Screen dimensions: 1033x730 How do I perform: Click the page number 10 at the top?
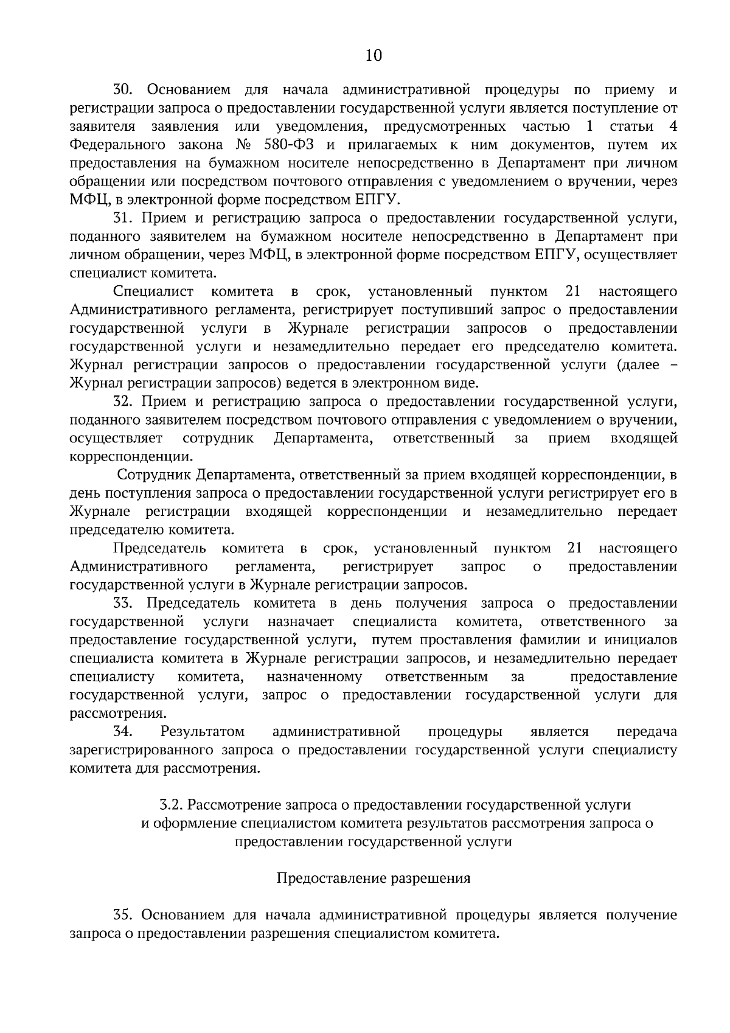click(x=374, y=56)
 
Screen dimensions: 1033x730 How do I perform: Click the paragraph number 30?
click(x=122, y=91)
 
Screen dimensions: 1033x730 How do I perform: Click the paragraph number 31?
click(x=122, y=218)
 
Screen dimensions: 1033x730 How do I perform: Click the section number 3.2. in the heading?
click(x=171, y=805)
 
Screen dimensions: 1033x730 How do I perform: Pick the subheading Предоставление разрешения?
click(x=374, y=878)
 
